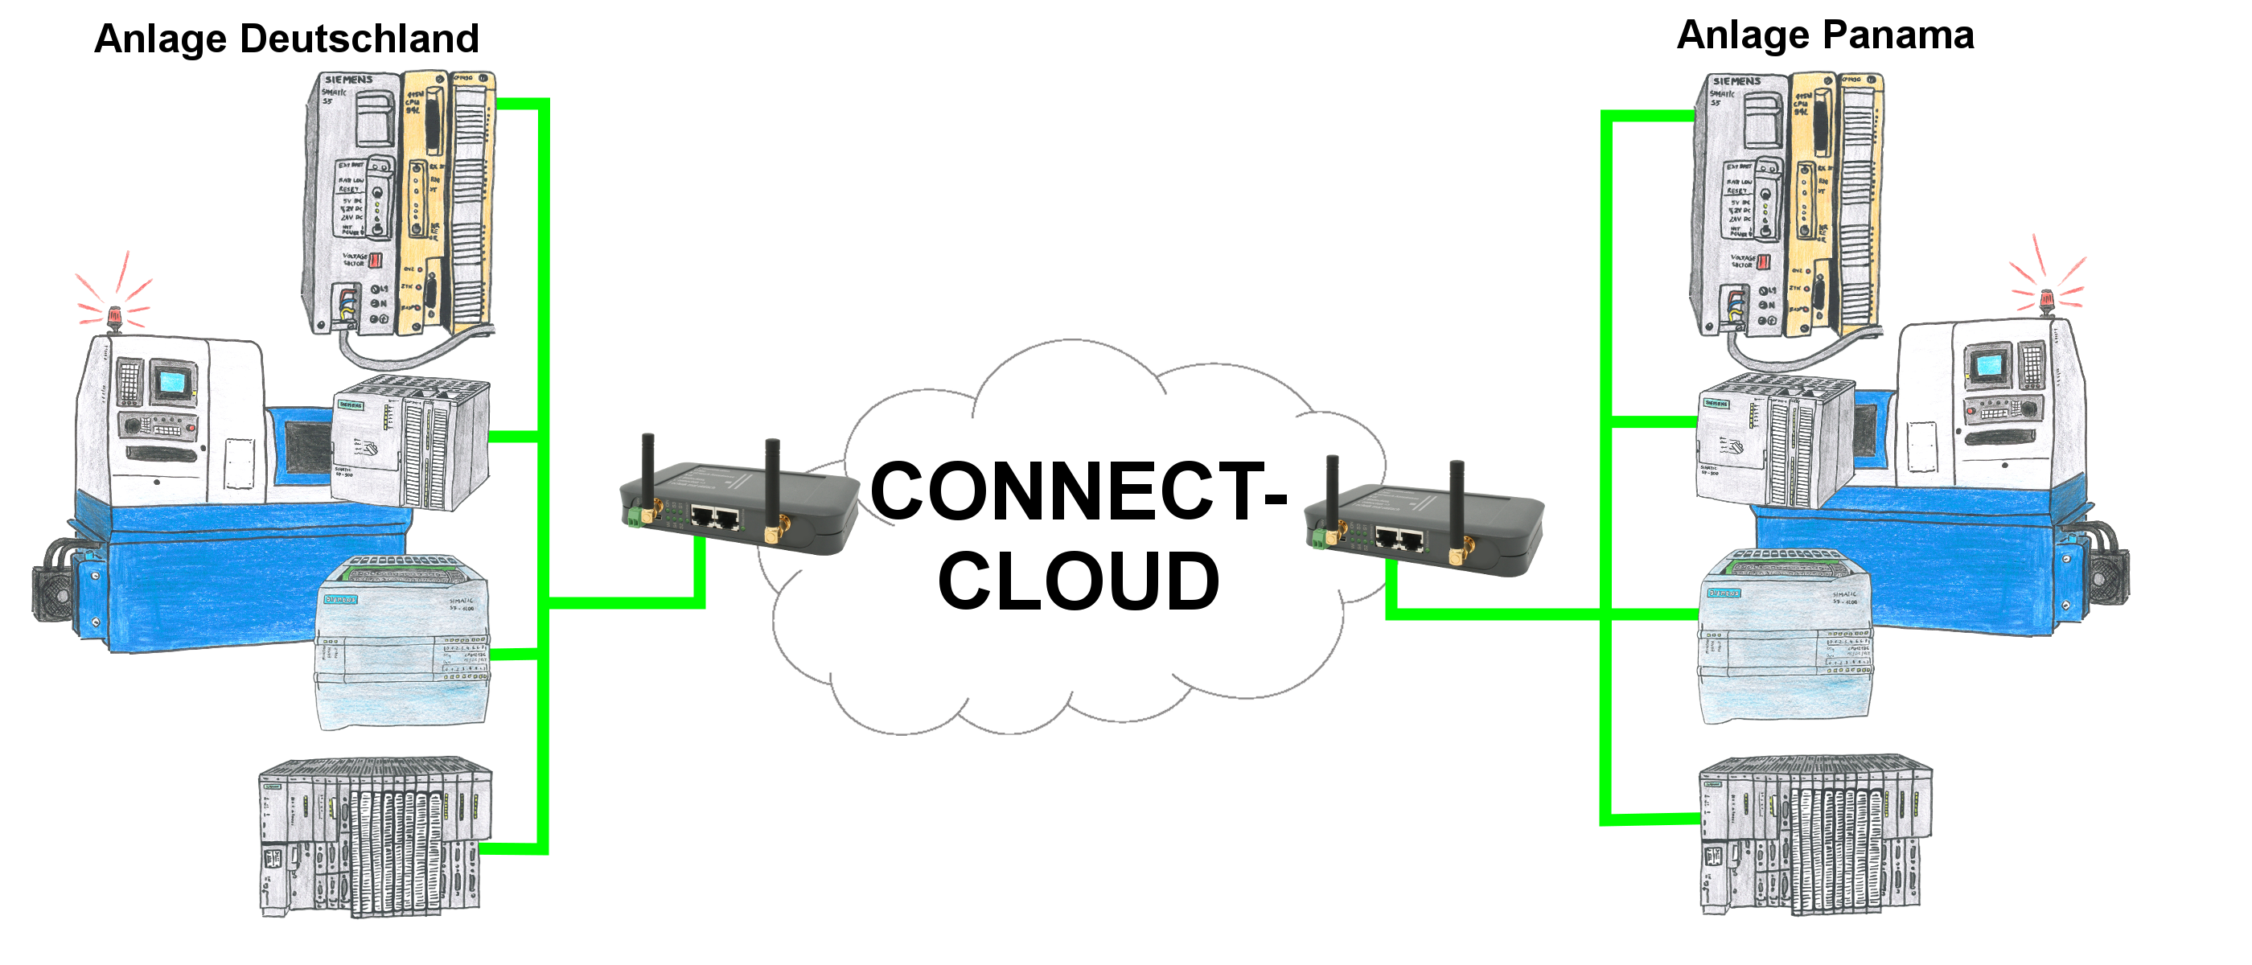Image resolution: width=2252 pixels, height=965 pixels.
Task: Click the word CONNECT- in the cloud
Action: coord(1078,492)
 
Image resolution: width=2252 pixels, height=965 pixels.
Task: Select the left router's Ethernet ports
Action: coord(715,517)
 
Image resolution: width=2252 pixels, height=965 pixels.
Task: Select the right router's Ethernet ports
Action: coord(1398,540)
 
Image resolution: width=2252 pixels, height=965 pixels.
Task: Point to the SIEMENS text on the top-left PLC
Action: coord(349,80)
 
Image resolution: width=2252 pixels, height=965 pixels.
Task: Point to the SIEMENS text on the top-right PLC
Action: coord(1736,81)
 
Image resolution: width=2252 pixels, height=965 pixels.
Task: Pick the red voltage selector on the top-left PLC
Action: coord(376,260)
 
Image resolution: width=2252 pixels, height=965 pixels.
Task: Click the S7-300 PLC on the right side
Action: coord(1775,439)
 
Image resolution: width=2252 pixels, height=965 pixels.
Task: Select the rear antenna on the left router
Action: coord(772,481)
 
